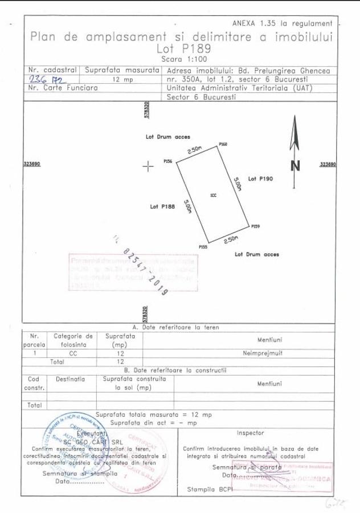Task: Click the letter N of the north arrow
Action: pyautogui.click(x=295, y=166)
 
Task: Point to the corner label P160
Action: pyautogui.click(x=223, y=145)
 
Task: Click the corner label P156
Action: pyautogui.click(x=168, y=162)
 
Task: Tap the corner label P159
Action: pyautogui.click(x=255, y=227)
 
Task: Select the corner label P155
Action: pyautogui.click(x=203, y=246)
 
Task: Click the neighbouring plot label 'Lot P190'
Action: pyautogui.click(x=261, y=179)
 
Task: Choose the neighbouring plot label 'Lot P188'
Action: pyautogui.click(x=162, y=206)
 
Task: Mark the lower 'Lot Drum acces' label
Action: pyautogui.click(x=257, y=254)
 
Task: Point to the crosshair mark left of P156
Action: pyautogui.click(x=148, y=166)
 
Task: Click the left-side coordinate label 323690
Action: pyautogui.click(x=32, y=164)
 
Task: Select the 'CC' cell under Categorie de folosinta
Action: pyautogui.click(x=73, y=353)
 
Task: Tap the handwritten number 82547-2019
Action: pyautogui.click(x=146, y=271)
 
